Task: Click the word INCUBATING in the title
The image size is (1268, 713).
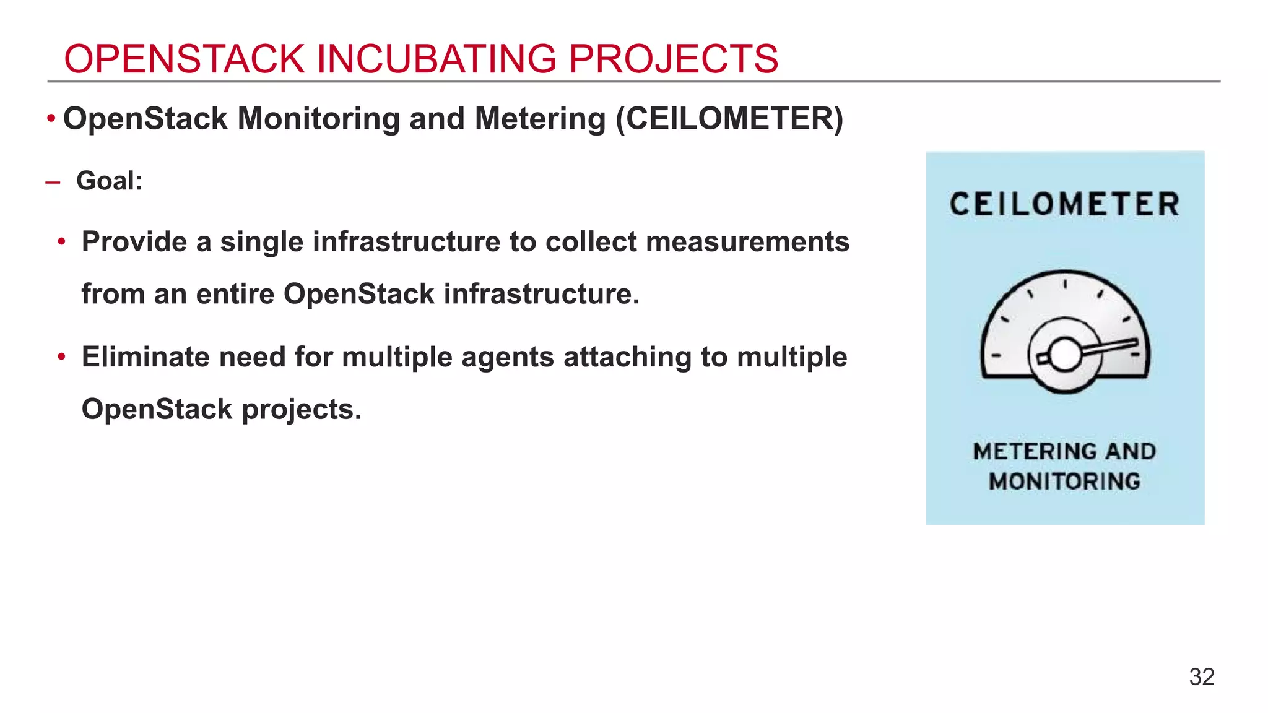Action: tap(436, 59)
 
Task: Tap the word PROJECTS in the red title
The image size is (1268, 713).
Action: tap(673, 59)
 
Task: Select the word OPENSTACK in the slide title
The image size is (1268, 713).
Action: tap(184, 59)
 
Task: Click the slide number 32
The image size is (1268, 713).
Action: tap(1201, 677)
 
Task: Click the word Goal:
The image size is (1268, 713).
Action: tap(110, 181)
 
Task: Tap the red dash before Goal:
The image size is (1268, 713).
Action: tap(53, 183)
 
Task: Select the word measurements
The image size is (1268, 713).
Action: tap(747, 242)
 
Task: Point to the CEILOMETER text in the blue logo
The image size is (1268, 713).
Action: tap(1064, 205)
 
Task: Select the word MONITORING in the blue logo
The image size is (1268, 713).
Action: tap(1064, 482)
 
